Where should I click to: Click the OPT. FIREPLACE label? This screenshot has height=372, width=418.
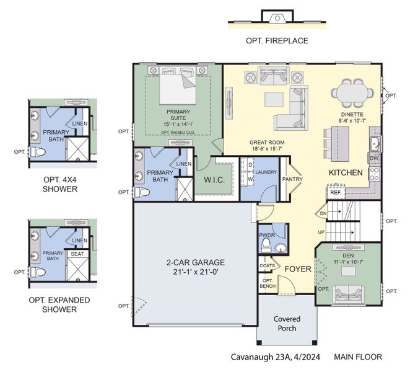tap(277, 41)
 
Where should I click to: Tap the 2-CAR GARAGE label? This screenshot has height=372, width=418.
tap(195, 267)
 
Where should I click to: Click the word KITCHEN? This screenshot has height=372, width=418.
tap(345, 172)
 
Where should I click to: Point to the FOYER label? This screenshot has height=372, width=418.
tap(297, 269)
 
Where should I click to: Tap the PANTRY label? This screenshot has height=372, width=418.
tap(291, 179)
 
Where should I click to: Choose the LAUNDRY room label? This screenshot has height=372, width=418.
tap(266, 172)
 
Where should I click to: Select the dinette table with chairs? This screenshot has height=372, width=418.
tap(355, 92)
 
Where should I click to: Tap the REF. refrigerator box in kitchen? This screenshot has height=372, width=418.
tap(336, 193)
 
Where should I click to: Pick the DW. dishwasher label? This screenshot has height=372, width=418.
tap(373, 159)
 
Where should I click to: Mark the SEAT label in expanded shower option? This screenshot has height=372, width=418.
tap(77, 254)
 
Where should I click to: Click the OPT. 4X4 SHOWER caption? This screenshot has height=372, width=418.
tap(60, 184)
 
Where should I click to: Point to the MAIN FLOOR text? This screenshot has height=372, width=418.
tap(357, 356)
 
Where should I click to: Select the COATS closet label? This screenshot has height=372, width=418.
tap(267, 266)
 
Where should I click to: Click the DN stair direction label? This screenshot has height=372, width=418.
tap(323, 213)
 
